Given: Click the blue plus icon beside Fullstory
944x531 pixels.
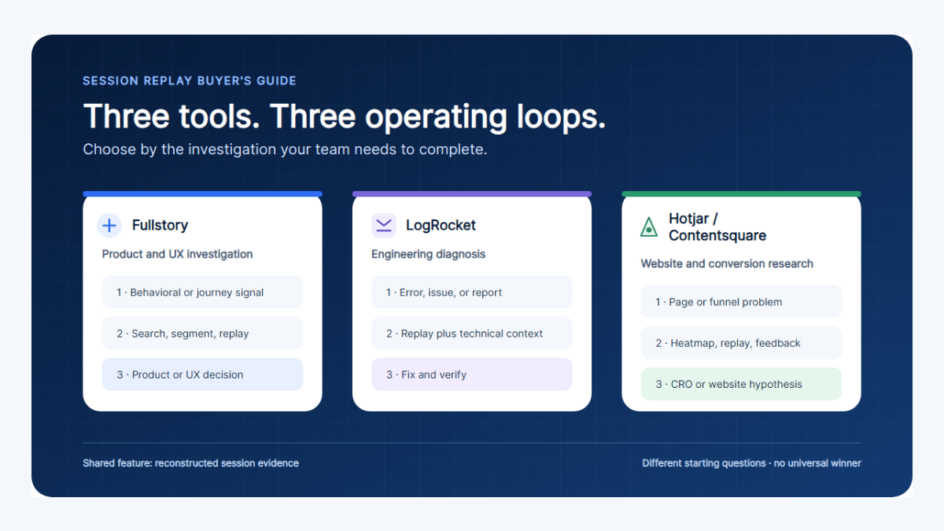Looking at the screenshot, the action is click(109, 226).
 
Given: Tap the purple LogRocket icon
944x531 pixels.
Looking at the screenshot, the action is click(384, 226).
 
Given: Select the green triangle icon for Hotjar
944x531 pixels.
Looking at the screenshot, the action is click(648, 227).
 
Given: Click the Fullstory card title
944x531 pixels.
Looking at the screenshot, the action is click(160, 225).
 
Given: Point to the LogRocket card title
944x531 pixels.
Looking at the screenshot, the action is click(441, 225).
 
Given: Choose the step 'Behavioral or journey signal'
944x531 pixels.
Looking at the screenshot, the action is click(202, 292).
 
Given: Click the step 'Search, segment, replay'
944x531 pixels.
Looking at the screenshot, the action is click(202, 334).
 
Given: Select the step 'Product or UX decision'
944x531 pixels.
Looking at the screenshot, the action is click(202, 374).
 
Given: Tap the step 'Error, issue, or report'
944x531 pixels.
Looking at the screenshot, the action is click(471, 292).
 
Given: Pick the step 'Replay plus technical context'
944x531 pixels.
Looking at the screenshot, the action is click(471, 334).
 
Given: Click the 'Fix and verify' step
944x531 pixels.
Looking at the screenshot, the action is click(471, 374).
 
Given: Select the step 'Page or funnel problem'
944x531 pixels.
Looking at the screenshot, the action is click(741, 302).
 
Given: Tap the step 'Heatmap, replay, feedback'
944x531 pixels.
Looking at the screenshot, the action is click(741, 343).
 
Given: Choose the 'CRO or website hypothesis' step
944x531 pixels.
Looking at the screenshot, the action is click(741, 384).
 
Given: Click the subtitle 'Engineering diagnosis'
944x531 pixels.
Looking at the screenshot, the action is click(428, 254).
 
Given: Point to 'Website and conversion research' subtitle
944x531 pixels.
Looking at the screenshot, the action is click(727, 264).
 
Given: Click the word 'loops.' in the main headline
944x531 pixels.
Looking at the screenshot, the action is click(562, 116).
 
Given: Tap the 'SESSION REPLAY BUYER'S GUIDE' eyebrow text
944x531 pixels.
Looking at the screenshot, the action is click(190, 81).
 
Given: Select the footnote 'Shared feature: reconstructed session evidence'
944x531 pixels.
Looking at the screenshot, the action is click(191, 463).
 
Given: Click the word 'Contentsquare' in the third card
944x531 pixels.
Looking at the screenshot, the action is click(717, 235).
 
